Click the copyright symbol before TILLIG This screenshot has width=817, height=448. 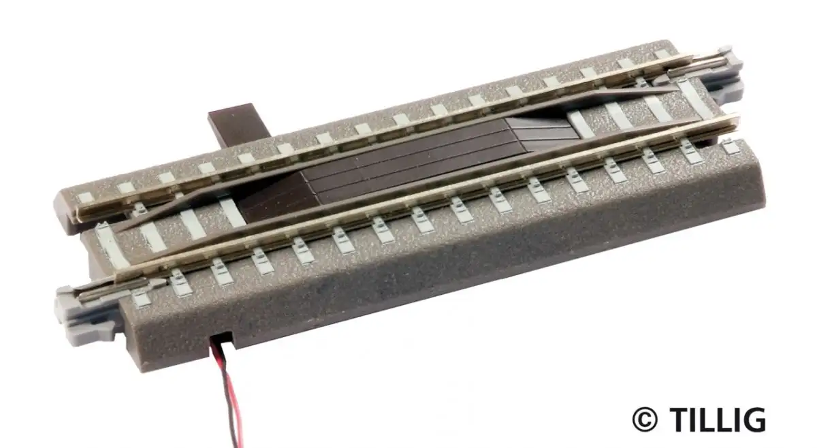coord(645,420)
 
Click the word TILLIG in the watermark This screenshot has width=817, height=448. coord(718,420)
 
